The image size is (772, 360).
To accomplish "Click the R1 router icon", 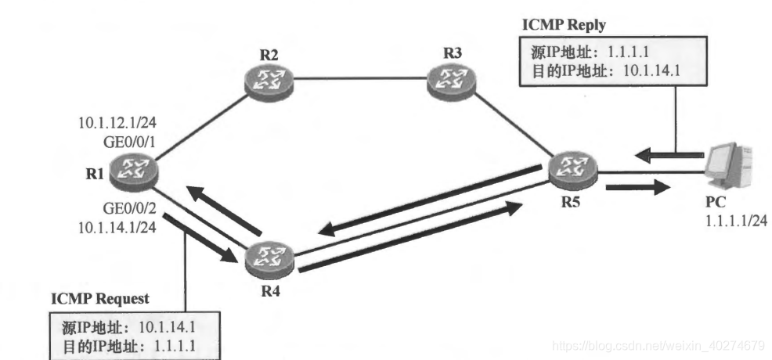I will pyautogui.click(x=132, y=168).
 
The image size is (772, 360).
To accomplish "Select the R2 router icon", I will pyautogui.click(x=265, y=77).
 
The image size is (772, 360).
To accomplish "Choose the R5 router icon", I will pyautogui.click(x=572, y=168).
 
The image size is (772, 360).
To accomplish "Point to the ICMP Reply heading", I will pyautogui.click(x=564, y=24).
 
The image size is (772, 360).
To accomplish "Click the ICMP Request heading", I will pyautogui.click(x=99, y=300).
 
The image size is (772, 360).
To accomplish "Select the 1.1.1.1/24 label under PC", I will pyautogui.click(x=735, y=221).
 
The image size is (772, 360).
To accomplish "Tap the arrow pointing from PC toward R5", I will pyautogui.click(x=657, y=155).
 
